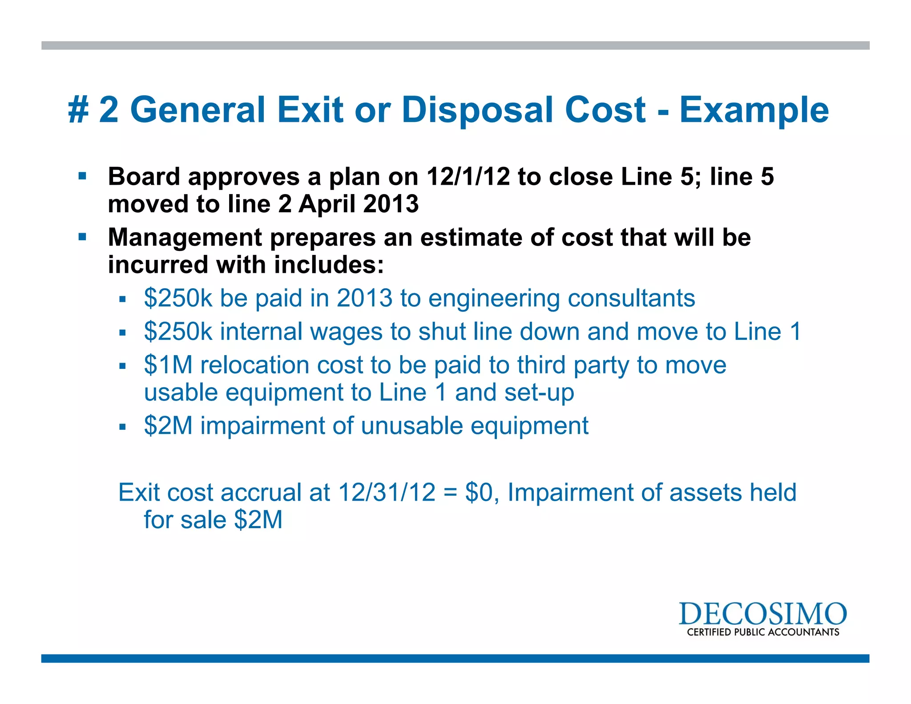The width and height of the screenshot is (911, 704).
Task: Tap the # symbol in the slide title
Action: click(79, 110)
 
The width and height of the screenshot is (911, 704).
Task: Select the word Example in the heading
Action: click(754, 110)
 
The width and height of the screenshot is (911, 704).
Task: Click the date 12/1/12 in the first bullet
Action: click(468, 177)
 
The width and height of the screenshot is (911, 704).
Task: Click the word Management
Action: click(185, 237)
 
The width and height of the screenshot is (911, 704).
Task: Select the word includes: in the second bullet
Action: click(329, 265)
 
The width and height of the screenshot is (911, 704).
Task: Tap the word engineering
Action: click(494, 298)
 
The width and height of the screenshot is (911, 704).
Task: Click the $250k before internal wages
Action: click(178, 332)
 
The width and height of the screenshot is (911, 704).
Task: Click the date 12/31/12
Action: click(387, 493)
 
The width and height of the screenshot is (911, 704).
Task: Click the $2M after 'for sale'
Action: click(258, 520)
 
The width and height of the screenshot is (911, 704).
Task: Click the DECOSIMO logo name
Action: click(762, 615)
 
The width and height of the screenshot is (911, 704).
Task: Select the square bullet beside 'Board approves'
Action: click(82, 176)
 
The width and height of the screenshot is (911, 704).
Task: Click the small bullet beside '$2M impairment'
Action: click(123, 427)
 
